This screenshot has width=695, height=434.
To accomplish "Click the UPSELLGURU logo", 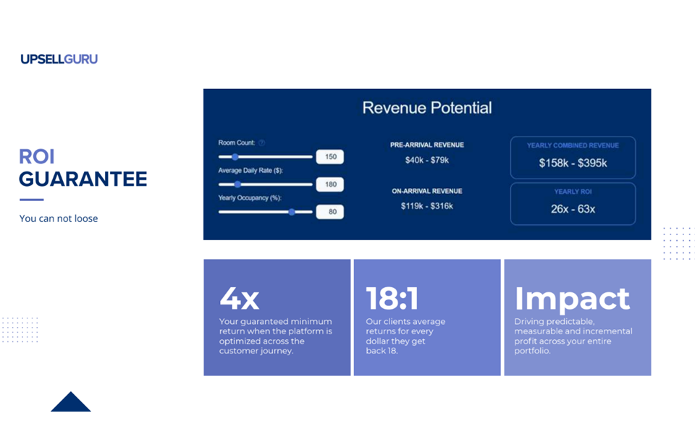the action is click(59, 59).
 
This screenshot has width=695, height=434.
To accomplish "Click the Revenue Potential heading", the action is click(427, 108).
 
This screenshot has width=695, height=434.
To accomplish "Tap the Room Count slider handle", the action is click(235, 157).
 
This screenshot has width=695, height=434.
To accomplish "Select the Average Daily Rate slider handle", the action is click(237, 184).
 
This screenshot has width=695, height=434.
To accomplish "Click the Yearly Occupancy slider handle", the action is click(292, 212).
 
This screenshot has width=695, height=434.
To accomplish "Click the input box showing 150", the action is click(330, 157).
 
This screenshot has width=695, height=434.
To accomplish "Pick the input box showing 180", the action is click(330, 184).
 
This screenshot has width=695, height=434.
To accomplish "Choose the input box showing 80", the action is click(330, 212).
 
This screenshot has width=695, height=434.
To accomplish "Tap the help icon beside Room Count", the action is click(261, 142).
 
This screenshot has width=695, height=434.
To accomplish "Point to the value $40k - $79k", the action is click(427, 160).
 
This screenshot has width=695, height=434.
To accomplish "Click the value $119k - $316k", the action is click(427, 206).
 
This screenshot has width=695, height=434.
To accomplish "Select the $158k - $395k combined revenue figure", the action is click(573, 163).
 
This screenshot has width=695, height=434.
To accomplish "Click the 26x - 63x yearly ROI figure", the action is click(573, 209).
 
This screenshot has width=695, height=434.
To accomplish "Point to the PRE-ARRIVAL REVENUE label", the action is click(427, 145).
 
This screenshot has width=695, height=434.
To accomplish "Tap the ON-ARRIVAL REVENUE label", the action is click(427, 191).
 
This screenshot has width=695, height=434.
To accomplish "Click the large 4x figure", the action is click(240, 299).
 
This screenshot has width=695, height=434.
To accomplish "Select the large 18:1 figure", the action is click(392, 298).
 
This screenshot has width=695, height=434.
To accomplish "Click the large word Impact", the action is click(572, 299).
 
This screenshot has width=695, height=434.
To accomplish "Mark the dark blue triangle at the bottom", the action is click(70, 402).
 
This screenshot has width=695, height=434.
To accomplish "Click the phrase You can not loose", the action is click(59, 218).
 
